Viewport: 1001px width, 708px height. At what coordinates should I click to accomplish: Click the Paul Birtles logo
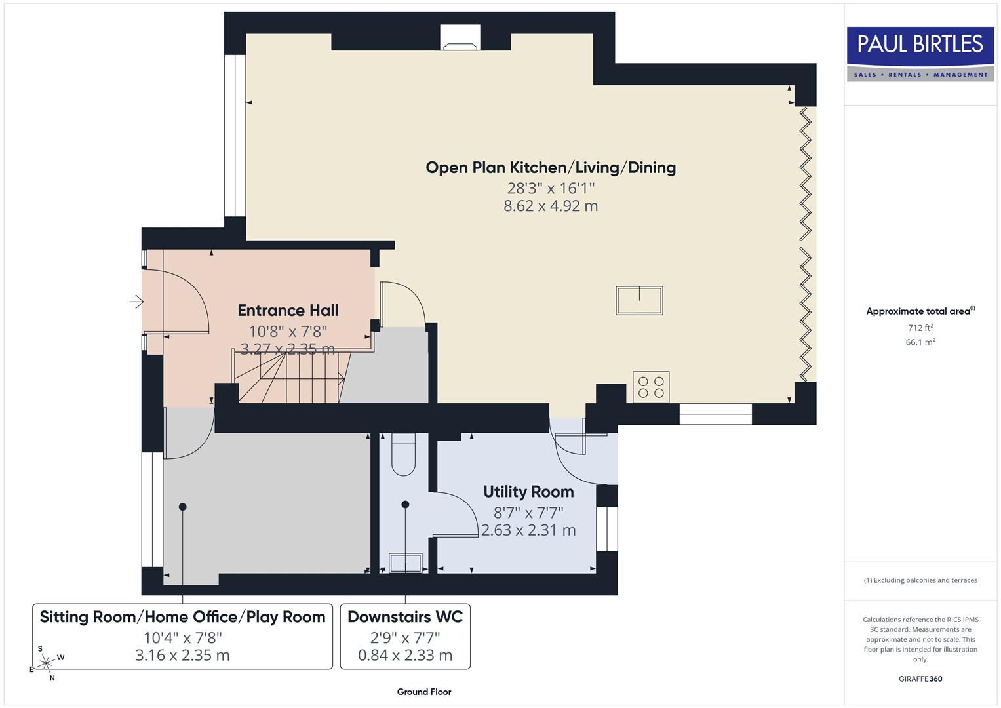[920, 53]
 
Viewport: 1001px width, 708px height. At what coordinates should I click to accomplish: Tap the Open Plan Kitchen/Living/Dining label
[551, 168]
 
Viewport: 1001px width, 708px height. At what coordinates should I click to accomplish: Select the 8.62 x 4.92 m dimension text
[551, 206]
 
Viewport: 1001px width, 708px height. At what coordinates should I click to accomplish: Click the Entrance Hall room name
[288, 310]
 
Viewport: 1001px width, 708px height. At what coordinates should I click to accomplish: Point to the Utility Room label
[528, 492]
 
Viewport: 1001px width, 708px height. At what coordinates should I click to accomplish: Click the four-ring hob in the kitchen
[651, 386]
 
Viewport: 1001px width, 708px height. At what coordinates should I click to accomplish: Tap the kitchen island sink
[639, 300]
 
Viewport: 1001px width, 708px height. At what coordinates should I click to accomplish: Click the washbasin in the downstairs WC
[406, 562]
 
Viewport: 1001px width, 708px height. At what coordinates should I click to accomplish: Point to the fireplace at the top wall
[460, 39]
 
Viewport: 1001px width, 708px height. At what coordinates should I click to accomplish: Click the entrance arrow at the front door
[136, 302]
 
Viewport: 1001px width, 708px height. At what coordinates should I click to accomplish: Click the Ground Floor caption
[424, 692]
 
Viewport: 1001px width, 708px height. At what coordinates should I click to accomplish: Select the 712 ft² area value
[920, 328]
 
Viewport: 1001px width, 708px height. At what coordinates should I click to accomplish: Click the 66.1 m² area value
[920, 342]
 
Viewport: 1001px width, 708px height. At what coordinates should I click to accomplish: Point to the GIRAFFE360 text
[920, 678]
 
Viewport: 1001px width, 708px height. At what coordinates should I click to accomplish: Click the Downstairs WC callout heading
[405, 617]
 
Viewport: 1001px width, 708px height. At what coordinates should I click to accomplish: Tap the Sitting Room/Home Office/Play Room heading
[182, 617]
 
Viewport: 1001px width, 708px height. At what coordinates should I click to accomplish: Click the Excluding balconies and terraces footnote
[920, 580]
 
